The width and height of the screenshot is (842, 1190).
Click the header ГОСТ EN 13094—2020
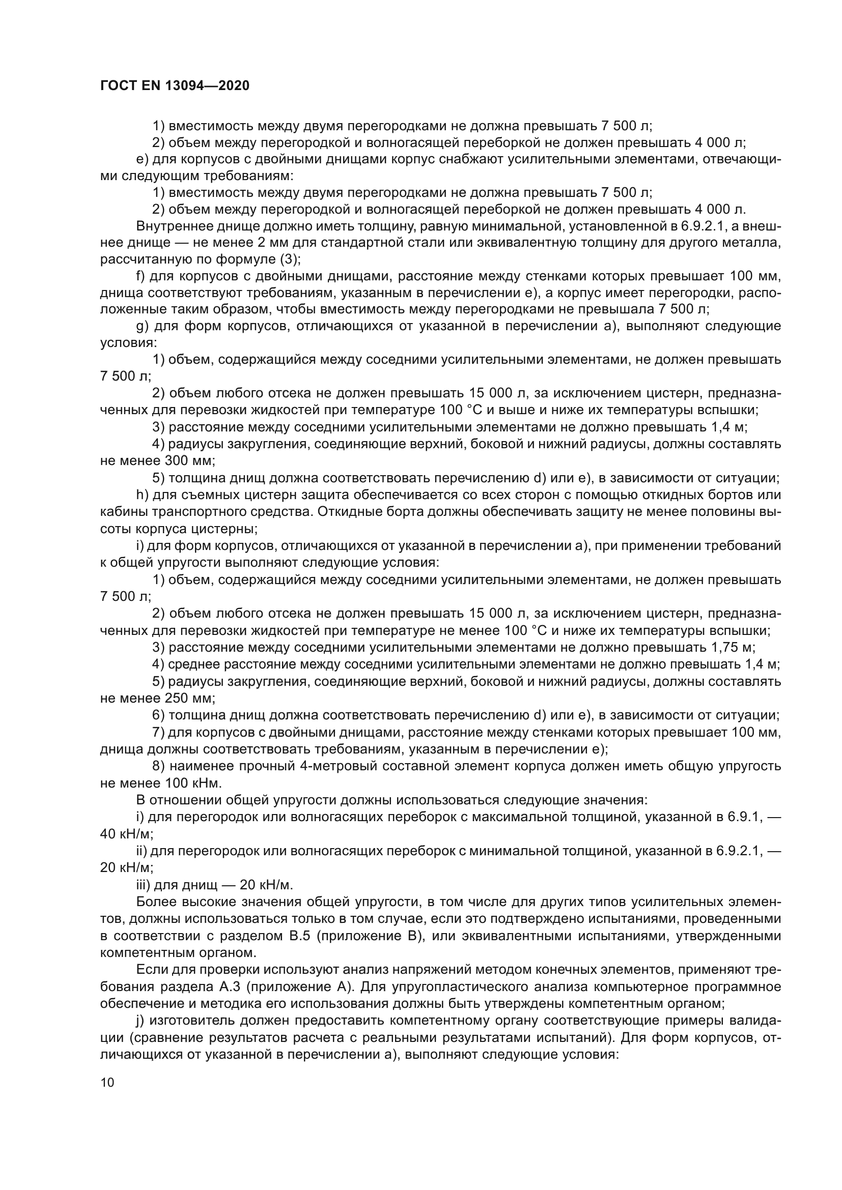(x=175, y=86)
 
